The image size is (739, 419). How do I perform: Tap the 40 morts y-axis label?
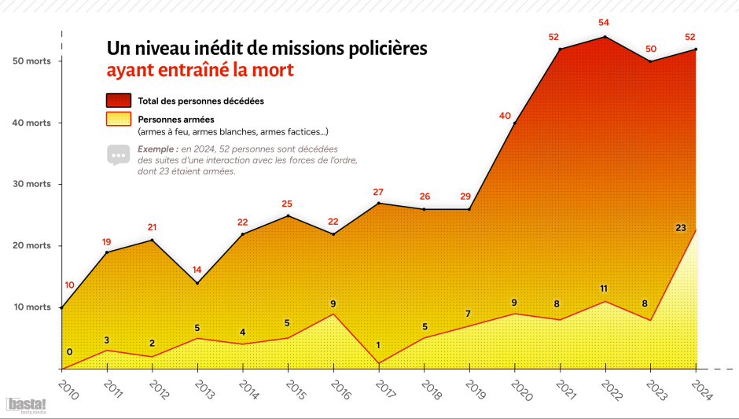tap(31, 123)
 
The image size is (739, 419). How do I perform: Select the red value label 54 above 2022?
tap(604, 23)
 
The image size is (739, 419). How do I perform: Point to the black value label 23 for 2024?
tap(681, 228)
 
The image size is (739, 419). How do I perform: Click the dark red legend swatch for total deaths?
tap(119, 101)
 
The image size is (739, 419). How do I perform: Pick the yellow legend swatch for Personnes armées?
tap(119, 119)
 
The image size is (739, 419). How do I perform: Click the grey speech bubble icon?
tap(118, 155)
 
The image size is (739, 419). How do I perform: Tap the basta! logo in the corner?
tap(26, 406)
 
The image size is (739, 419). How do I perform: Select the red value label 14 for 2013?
tap(197, 270)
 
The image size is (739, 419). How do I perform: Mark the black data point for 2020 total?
tap(515, 123)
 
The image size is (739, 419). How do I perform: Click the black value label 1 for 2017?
tap(378, 345)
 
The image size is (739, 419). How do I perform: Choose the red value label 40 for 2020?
tap(505, 116)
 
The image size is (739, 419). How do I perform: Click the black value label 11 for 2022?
tap(604, 289)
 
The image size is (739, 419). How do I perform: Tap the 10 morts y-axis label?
tap(32, 307)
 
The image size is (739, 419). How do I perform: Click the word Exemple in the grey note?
tap(156, 149)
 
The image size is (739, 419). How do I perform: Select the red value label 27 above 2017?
tap(378, 193)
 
